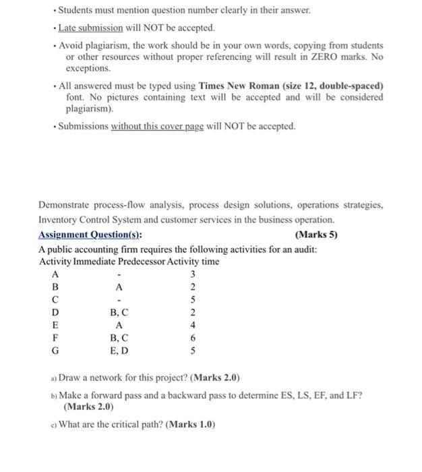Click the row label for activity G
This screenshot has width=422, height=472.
(x=55, y=351)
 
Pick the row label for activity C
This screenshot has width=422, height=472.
(x=55, y=299)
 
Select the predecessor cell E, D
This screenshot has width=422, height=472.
(x=119, y=351)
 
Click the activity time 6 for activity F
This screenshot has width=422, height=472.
(x=193, y=338)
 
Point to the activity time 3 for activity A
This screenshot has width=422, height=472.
(x=193, y=274)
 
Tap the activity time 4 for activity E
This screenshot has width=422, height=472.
(x=193, y=325)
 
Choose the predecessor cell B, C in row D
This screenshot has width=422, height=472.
(x=119, y=312)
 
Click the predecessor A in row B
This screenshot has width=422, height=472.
(x=119, y=287)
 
